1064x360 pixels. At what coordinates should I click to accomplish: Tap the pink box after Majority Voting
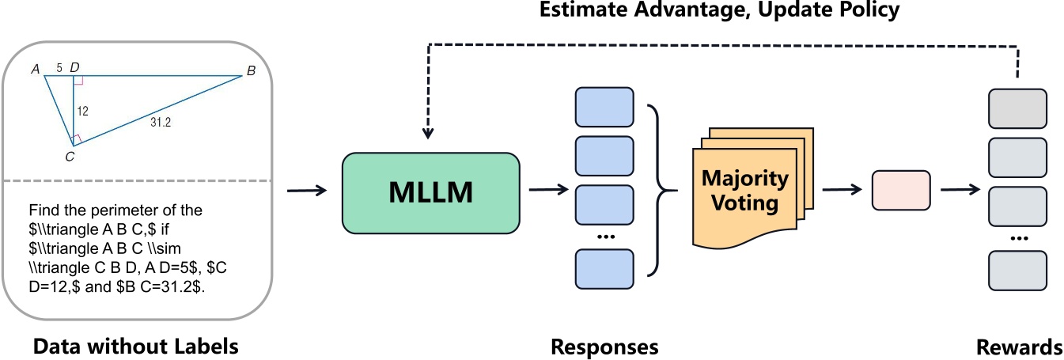point(900,190)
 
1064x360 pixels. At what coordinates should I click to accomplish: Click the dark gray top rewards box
point(1018,109)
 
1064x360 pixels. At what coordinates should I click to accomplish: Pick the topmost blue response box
point(605,107)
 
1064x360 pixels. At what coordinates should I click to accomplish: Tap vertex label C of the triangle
point(70,157)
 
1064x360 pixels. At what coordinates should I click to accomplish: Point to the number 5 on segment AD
point(59,69)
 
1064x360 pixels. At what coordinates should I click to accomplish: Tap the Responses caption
point(604,347)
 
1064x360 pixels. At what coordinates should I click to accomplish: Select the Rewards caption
point(1019,347)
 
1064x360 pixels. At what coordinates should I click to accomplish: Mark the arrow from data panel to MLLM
point(306,190)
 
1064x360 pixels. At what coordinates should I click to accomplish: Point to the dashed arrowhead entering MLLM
point(428,133)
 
